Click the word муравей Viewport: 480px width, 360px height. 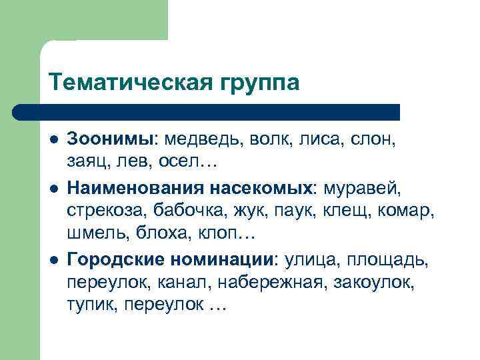361,187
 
